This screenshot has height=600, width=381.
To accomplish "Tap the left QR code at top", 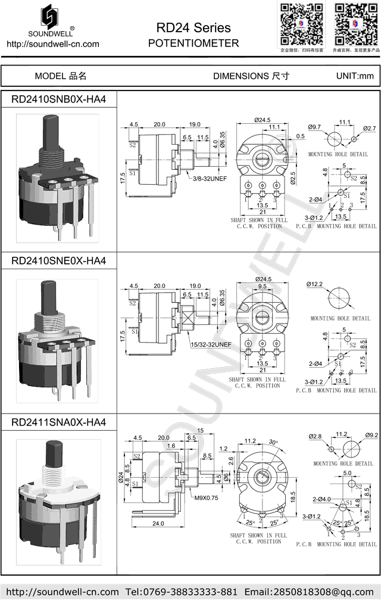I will point(302,24).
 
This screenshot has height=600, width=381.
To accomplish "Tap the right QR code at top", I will point(355,24).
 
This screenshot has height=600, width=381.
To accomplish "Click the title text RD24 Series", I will point(193,28).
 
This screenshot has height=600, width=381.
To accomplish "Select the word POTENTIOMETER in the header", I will point(193,43).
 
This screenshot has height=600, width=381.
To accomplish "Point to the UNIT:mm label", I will point(355,76).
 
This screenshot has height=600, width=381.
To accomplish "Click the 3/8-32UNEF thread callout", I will point(208,178).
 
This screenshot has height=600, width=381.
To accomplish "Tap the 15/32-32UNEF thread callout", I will point(210,344).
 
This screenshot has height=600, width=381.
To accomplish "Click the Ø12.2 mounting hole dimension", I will point(315,284).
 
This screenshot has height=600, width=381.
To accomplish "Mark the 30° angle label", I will point(273,442).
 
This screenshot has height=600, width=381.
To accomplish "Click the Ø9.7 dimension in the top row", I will point(315,128).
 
